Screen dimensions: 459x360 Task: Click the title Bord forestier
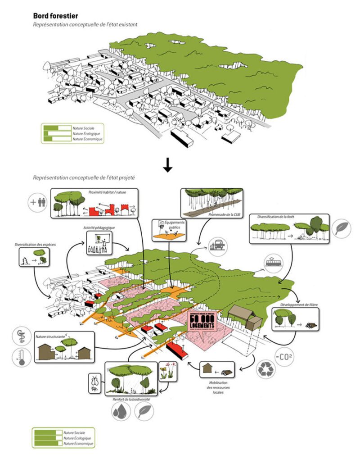[x=55, y=17]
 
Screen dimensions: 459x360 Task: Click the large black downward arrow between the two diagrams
[x=168, y=166]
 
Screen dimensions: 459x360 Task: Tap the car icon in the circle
[x=218, y=246]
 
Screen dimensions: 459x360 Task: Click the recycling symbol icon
[x=266, y=368]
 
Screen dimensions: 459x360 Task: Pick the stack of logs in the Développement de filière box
[x=311, y=325]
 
